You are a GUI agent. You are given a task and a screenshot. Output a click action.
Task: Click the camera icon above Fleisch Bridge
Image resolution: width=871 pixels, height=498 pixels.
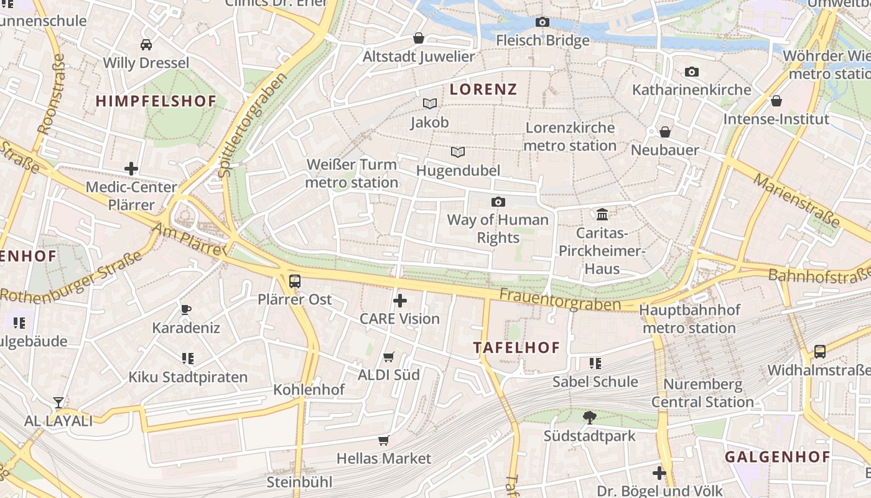point(543,22)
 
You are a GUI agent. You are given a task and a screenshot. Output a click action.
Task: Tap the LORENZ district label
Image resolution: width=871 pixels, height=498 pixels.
point(483,89)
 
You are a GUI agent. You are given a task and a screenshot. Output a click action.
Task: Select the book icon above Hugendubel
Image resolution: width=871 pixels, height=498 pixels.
point(458,152)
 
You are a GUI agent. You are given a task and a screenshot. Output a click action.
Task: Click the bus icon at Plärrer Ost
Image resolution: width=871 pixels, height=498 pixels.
point(295,281)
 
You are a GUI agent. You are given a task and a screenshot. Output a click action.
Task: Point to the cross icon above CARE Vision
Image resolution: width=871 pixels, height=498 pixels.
point(400,301)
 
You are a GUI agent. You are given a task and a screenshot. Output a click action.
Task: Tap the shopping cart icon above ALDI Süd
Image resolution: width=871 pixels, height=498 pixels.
point(389,357)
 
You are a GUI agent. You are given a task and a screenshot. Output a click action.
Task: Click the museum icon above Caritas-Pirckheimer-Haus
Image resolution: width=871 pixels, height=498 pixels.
point(602,215)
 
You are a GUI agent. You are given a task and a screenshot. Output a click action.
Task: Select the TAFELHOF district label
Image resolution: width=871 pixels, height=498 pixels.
point(517,347)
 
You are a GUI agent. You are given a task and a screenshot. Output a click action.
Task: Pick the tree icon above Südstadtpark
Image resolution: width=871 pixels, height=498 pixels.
point(589,418)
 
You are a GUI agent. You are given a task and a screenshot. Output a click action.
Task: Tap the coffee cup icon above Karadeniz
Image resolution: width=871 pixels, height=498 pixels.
point(185,310)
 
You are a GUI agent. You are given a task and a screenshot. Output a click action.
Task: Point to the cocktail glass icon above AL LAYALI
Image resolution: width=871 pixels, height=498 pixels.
point(58,403)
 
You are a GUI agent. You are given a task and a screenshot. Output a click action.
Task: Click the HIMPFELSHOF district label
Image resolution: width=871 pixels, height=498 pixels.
point(156,101)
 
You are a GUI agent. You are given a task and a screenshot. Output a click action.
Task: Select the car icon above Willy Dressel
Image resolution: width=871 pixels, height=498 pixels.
point(146,45)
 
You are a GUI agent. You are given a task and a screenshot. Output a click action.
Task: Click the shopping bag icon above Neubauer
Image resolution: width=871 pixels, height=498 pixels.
point(665,132)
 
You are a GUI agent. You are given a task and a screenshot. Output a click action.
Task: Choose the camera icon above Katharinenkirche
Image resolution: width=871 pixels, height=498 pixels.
point(692,72)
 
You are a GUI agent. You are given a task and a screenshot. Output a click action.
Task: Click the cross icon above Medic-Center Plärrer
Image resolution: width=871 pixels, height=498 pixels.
point(131,169)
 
